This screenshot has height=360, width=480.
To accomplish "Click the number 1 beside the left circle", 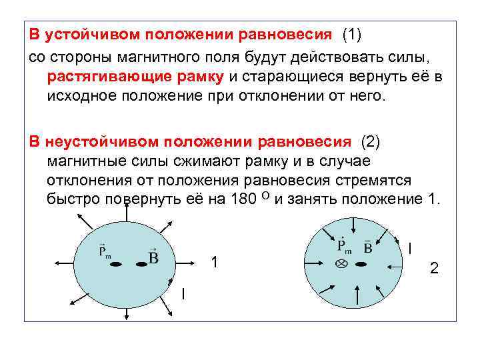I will click(214, 261).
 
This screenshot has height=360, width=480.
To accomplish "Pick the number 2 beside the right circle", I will click(434, 268).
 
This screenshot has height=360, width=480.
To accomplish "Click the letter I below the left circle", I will click(184, 293).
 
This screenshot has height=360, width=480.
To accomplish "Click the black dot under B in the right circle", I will click(361, 265).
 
